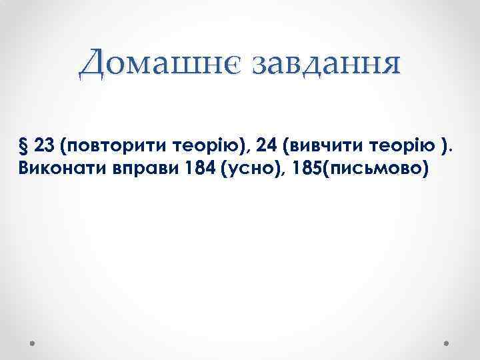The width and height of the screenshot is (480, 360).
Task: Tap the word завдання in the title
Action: coord(324,64)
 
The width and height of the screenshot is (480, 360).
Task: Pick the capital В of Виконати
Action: coord(25,167)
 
